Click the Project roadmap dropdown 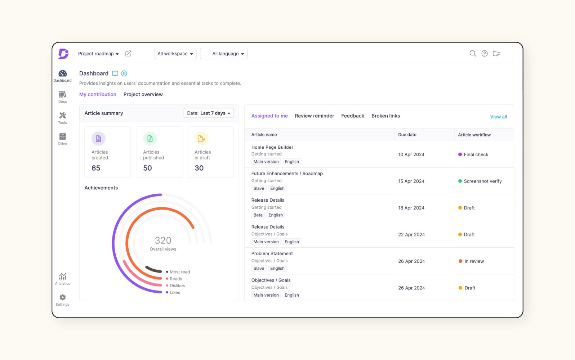coord(98,54)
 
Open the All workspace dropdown coord(175,54)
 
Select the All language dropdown coord(224,54)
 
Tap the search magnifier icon coord(473,54)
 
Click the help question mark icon coord(485,54)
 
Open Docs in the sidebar coord(63,96)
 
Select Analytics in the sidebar coord(63,279)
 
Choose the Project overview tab coord(143,94)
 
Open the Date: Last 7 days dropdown coord(209,113)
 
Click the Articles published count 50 coord(148,168)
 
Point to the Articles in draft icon coord(201,139)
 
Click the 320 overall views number coord(163,240)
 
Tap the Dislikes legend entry coord(177,285)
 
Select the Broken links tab coord(385,116)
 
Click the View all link coord(498,117)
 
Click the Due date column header coord(407,135)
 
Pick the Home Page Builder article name coord(272,147)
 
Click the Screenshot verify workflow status coord(482,181)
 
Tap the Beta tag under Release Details coord(258,215)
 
